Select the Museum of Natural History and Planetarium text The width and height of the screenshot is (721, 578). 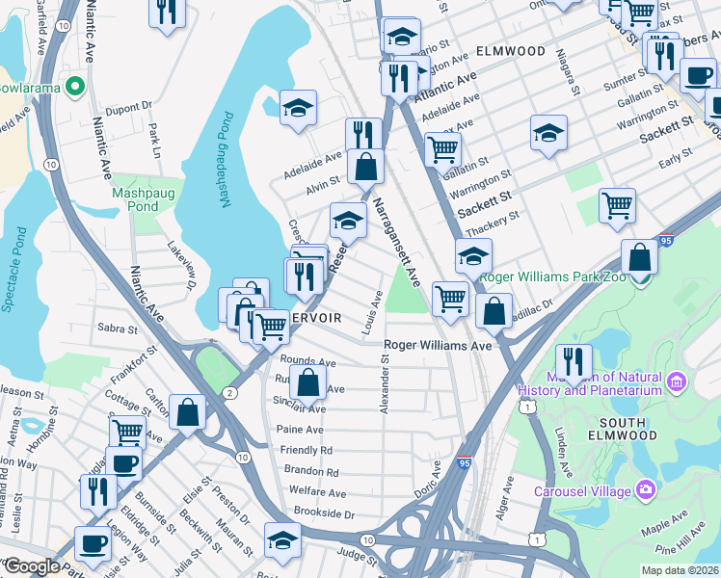pos(590,383)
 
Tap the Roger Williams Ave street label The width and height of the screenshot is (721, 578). pos(438,345)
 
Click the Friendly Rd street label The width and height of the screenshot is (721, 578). pos(306,450)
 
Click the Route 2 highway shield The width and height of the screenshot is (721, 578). pos(229,392)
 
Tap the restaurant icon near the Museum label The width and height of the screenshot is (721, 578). pos(574,361)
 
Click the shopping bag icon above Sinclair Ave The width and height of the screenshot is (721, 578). pos(307,382)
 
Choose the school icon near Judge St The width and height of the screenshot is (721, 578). pos(282,539)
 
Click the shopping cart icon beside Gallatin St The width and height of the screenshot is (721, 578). pos(442,149)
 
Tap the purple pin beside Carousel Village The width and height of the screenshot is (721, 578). pos(645,491)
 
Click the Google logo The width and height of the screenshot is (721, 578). pos(32,565)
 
